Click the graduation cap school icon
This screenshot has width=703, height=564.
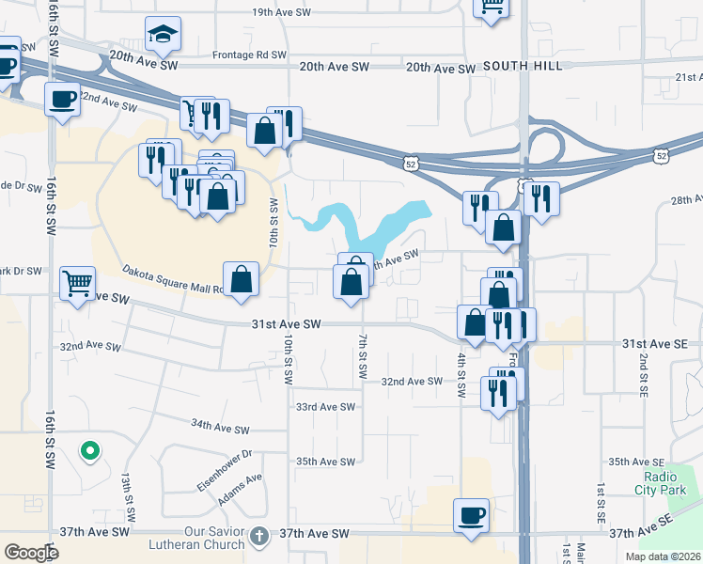click(x=164, y=36)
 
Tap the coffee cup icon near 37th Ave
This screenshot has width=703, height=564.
click(x=471, y=515)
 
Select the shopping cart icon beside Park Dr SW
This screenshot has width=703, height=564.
click(x=77, y=282)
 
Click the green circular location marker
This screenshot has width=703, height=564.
click(x=90, y=452)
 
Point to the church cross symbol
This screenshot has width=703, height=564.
click(x=260, y=534)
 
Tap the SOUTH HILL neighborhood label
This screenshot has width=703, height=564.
click(x=523, y=66)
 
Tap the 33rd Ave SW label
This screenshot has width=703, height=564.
click(x=325, y=407)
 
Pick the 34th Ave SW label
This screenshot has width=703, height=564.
click(x=220, y=426)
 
